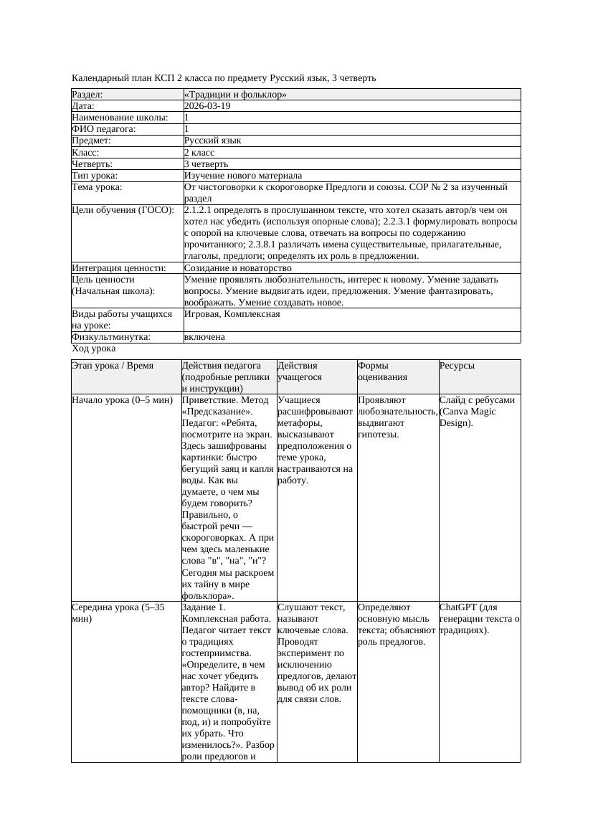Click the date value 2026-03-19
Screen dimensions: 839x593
coord(207,106)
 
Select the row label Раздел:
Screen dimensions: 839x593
coord(87,95)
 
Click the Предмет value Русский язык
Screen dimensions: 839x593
coord(212,141)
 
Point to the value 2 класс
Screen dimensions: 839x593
coord(199,153)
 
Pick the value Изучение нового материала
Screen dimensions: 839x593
coord(243,176)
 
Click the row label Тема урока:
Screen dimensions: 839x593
coord(98,187)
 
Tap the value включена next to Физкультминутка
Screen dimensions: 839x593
coord(204,337)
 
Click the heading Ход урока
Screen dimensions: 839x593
coord(94,349)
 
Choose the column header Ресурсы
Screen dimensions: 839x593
coord(457,366)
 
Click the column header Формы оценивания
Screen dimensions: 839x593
coord(383,371)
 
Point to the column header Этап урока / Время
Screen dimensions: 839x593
coord(113,366)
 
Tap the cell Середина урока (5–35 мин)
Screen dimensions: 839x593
coord(118,612)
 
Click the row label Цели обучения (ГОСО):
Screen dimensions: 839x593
coord(123,210)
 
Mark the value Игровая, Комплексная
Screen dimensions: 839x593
coord(232,314)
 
